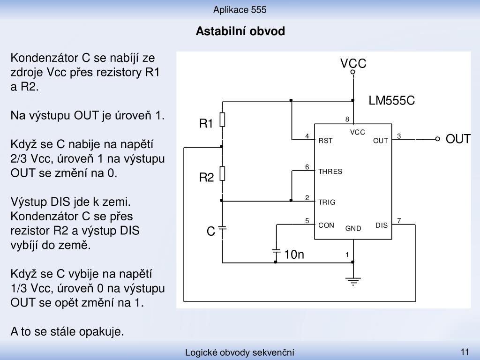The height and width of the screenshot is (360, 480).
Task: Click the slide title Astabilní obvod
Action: pos(240,31)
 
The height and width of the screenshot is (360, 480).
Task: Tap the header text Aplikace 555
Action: pos(240,10)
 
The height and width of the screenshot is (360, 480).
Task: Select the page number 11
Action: pos(465,352)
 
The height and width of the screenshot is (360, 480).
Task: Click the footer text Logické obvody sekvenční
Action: pos(240,352)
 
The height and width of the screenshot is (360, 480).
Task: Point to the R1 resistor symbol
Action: pos(223,120)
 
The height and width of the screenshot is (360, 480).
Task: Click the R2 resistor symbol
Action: pos(223,173)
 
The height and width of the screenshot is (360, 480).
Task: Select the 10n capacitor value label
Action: pos(294,255)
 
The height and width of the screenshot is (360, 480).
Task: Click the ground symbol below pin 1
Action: pos(353,281)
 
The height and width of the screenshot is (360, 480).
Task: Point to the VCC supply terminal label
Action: pos(353,63)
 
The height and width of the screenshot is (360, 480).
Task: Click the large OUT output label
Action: pos(458,139)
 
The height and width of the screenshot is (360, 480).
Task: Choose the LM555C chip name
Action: pos(391,100)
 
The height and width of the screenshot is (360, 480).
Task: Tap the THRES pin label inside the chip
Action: pos(330,172)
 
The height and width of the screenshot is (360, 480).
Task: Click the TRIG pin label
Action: pos(327,202)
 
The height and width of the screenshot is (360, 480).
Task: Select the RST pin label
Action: pos(325,141)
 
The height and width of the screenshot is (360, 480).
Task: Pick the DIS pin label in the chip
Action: pos(382,225)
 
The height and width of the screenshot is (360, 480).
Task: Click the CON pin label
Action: pos(326,225)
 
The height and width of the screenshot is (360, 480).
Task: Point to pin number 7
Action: pos(399,220)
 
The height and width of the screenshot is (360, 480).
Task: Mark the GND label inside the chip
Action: pos(353,228)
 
